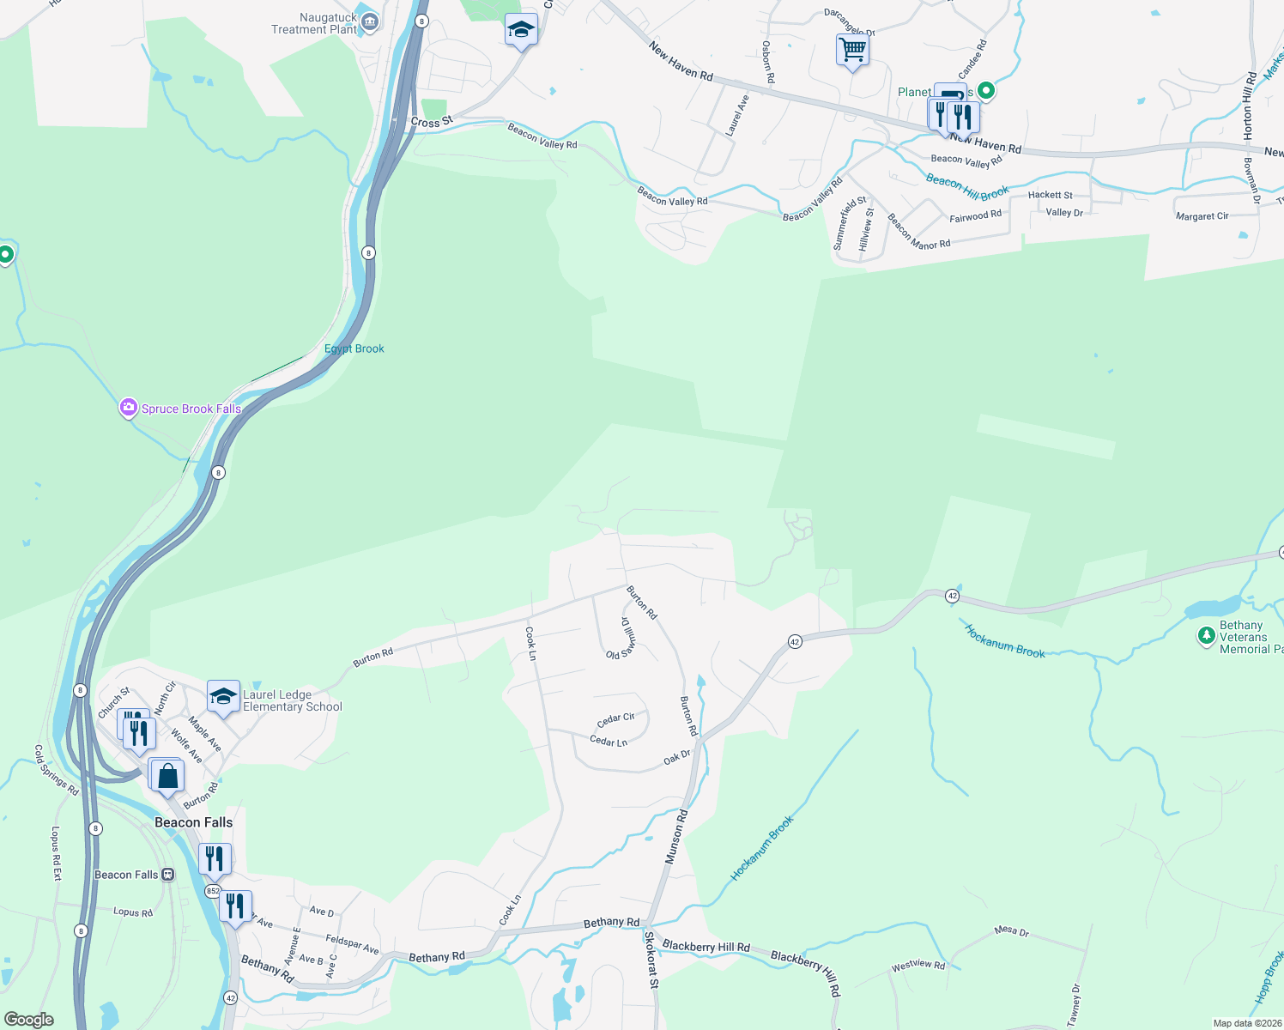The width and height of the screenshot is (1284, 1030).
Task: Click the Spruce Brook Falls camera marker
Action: [x=128, y=408]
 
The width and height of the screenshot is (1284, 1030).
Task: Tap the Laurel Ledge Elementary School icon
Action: [x=223, y=695]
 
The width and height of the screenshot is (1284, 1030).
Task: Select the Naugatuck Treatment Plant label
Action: [x=314, y=23]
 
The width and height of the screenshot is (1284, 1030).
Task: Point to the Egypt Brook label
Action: [x=354, y=348]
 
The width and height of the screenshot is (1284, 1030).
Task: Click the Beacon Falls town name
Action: [x=193, y=822]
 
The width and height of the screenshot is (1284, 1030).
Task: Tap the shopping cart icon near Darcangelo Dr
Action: [x=852, y=50]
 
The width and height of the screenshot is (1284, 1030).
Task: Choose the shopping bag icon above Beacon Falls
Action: [x=168, y=775]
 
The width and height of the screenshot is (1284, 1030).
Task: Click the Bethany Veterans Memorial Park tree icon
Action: [x=1206, y=636]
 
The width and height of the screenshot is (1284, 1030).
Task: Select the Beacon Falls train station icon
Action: [x=168, y=875]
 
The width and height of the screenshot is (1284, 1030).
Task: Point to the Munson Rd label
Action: [x=676, y=836]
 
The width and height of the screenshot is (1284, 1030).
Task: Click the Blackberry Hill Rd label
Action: [x=706, y=946]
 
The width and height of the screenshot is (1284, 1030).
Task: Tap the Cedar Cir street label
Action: [x=615, y=718]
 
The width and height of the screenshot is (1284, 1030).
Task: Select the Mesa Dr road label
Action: [x=1011, y=930]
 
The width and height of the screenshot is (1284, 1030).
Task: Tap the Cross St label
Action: [x=431, y=122]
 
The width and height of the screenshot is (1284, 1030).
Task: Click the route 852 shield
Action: [x=213, y=891]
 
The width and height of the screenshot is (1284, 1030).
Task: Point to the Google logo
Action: [x=29, y=1020]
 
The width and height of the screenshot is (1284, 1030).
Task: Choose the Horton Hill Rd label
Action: [x=1249, y=106]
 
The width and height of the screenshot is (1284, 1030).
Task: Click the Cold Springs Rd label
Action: [x=56, y=770]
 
